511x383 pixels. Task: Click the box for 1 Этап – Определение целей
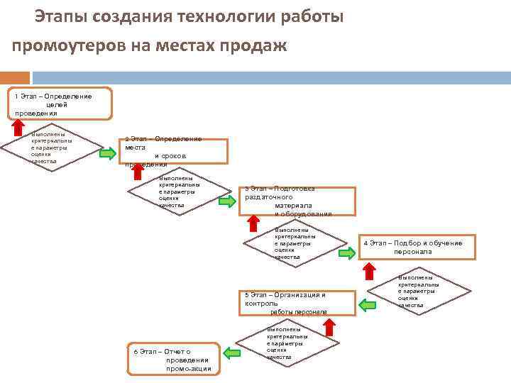(61, 104)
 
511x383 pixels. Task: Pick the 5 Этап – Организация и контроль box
(297, 302)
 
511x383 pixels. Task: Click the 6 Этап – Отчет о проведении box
(173, 360)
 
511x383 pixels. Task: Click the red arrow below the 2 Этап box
(138, 171)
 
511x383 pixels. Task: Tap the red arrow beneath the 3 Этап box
(253, 223)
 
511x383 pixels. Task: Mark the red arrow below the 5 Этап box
(329, 326)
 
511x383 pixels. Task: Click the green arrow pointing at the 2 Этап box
(107, 154)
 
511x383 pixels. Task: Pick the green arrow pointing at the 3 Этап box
(227, 201)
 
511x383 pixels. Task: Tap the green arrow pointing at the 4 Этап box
(347, 252)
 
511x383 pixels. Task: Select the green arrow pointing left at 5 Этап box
(367, 305)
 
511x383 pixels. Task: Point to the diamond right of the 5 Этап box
(419, 291)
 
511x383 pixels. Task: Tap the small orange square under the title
(15, 77)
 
